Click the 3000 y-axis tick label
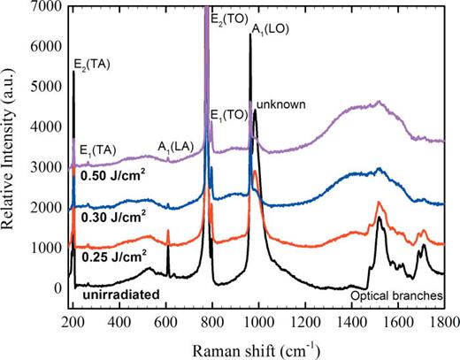[46, 166]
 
